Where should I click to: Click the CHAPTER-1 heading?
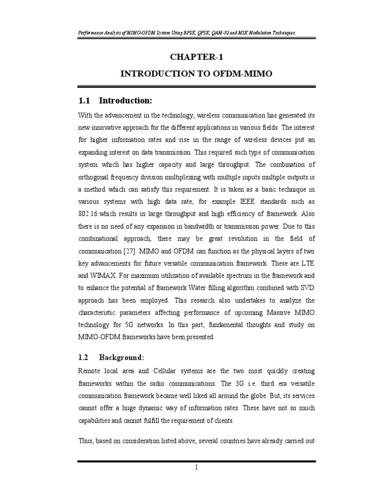(x=193, y=57)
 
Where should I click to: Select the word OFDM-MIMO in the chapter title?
(x=241, y=74)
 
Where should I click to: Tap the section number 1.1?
(x=85, y=100)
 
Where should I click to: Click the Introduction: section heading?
(x=126, y=100)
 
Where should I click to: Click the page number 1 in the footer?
(x=196, y=467)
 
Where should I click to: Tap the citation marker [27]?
(x=129, y=251)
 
